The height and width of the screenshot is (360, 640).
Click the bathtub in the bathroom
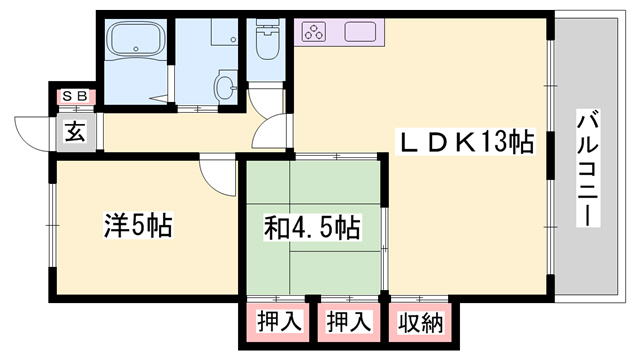click(134, 44)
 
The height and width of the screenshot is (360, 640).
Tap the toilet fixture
click(266, 44)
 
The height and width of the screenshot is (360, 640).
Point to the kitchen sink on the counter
click(363, 31)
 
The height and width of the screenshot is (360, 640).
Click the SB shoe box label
click(75, 96)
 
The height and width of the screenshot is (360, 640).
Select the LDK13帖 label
click(466, 141)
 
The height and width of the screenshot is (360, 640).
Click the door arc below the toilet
click(262, 99)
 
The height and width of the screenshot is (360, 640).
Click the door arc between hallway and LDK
click(274, 135)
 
